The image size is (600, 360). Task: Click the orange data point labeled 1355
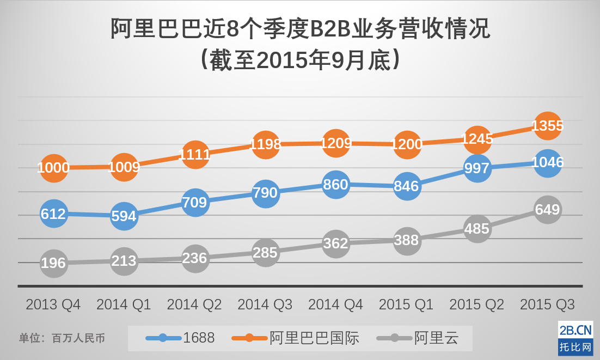coord(547,126)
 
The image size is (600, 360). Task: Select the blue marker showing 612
coord(53,213)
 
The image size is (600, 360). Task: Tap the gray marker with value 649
coord(547,210)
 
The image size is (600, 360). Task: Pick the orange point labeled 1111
coord(195,154)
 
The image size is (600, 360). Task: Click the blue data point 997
coord(477,168)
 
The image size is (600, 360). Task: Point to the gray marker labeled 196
coord(53,263)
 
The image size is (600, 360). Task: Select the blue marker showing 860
coord(336,185)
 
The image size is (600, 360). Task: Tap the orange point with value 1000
coord(53,167)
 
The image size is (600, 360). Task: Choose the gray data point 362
coord(336,243)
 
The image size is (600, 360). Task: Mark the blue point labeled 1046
coord(547,162)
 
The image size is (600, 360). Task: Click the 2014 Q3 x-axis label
coord(265,304)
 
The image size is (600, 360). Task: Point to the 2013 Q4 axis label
coord(53,304)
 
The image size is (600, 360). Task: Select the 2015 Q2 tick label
coord(477,304)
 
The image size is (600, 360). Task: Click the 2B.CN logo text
coord(575,330)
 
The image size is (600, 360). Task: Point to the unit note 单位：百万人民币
coord(62,338)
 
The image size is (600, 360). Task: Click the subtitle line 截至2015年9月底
coord(300,60)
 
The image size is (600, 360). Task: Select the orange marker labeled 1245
coord(477,139)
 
